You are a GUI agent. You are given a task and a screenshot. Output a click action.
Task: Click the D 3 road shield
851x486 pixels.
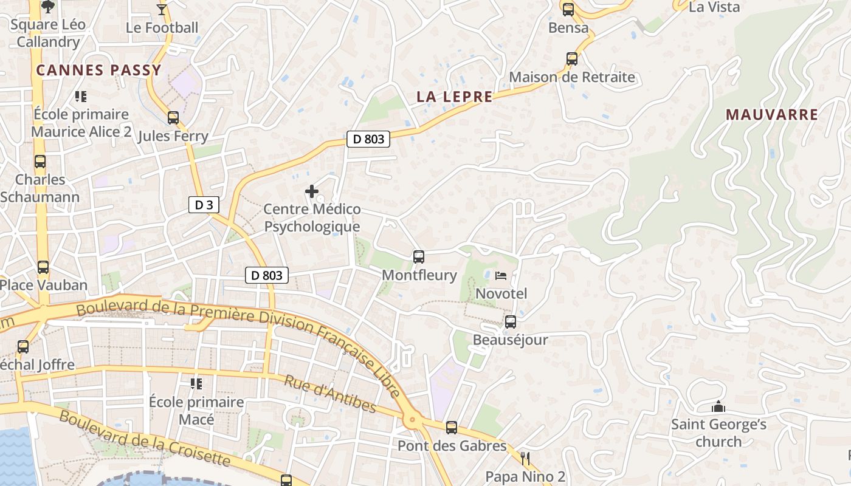(204, 205)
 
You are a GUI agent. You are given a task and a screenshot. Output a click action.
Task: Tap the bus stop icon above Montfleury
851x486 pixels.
(418, 256)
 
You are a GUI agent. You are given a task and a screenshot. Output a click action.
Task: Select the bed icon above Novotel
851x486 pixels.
(501, 276)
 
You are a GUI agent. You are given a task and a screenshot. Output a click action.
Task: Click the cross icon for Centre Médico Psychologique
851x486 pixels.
(312, 191)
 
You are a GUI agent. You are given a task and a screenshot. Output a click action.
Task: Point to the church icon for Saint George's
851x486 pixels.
(718, 406)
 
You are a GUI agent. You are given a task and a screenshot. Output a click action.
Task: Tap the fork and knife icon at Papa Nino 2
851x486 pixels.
(525, 458)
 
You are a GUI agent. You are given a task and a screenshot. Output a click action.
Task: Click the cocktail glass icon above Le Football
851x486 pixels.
(162, 9)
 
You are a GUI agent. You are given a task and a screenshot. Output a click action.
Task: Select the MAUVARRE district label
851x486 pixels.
(771, 114)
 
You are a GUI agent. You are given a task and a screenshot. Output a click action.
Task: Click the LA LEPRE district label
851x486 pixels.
(454, 97)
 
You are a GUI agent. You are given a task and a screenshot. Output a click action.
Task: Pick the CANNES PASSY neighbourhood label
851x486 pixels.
(98, 70)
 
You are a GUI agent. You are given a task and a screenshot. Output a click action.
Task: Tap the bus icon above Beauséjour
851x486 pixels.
(511, 321)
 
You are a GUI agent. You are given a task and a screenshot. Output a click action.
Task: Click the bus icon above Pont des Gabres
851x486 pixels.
(451, 427)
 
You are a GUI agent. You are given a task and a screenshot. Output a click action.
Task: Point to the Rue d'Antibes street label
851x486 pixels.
(330, 394)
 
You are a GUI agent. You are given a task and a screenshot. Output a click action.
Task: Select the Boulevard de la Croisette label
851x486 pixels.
(145, 439)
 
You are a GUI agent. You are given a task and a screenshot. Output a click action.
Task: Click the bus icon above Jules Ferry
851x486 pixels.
(173, 117)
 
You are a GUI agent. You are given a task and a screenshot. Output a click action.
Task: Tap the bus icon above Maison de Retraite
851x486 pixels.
(572, 58)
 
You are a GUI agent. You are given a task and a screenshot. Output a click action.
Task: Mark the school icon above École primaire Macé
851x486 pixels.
(196, 383)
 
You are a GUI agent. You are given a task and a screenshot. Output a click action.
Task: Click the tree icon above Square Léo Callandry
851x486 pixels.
(47, 7)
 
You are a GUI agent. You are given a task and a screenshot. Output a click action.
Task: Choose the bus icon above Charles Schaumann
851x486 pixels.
(40, 162)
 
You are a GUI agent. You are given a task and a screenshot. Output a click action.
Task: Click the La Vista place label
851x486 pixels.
(714, 7)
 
